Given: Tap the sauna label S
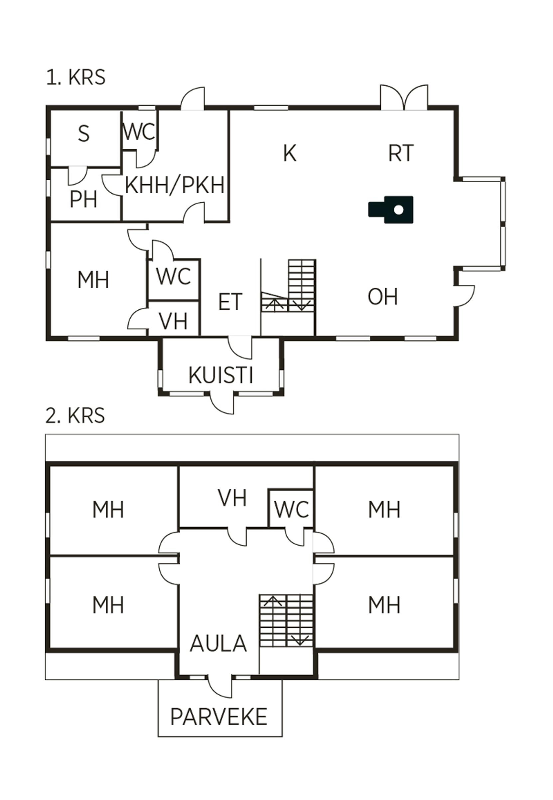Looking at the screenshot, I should (83, 134).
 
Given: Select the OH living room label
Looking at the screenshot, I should (382, 297).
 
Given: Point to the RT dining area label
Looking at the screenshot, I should (401, 153).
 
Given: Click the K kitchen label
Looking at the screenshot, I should (290, 153).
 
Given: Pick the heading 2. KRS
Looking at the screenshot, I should (75, 415).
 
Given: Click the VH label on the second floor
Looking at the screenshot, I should (232, 498).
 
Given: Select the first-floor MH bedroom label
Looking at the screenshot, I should (93, 280).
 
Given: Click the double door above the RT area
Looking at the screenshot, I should (404, 98).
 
